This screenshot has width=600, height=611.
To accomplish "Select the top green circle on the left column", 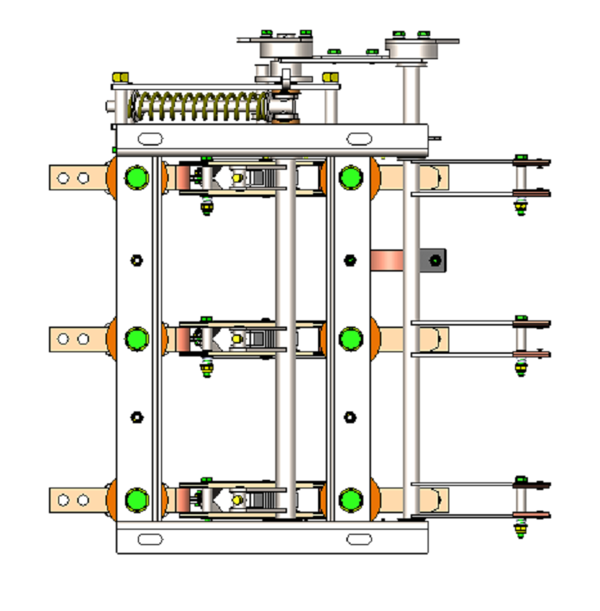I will (x=135, y=178).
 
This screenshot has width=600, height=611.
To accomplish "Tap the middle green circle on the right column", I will (x=350, y=339).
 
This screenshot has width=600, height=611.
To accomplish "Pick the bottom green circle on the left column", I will (x=135, y=500).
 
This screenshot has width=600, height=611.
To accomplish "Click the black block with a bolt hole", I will (x=433, y=260).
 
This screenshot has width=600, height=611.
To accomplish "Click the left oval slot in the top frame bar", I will (x=150, y=138).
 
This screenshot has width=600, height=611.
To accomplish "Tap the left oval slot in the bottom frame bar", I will (x=150, y=539).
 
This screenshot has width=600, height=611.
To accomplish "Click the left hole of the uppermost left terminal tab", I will (x=63, y=178).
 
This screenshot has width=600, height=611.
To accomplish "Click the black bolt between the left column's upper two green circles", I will (x=135, y=260).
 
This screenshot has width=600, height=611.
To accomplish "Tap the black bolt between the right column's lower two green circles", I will (x=350, y=417).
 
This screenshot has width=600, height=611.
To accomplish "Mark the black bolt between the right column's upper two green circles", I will (x=350, y=260).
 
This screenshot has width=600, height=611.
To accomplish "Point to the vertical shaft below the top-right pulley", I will (x=412, y=103).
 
